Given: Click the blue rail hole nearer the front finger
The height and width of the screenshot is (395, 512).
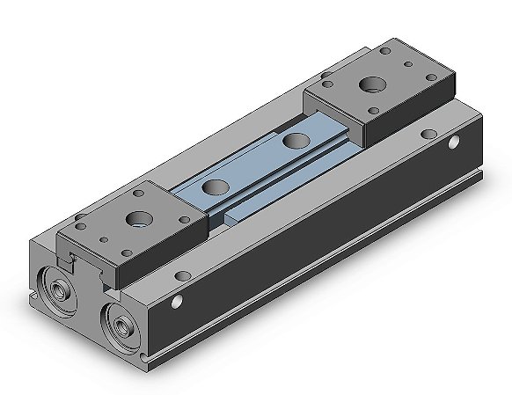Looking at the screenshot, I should (x=212, y=186).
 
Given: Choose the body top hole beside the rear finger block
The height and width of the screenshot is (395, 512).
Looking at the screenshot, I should (x=428, y=134).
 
